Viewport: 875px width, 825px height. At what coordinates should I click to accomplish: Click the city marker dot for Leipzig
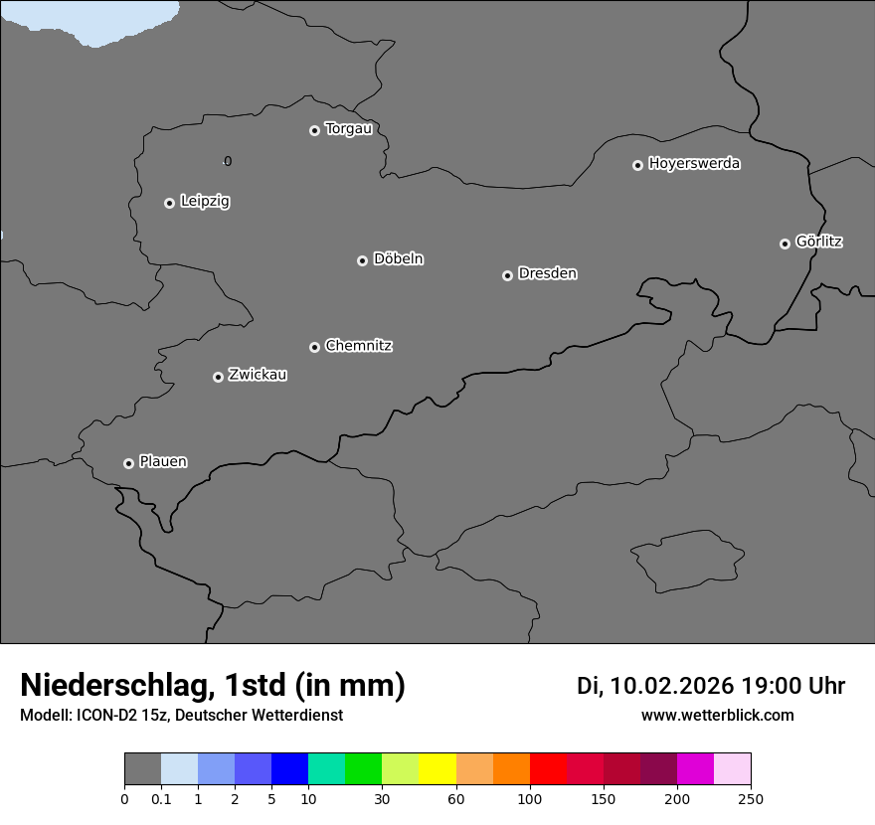pos(169,203)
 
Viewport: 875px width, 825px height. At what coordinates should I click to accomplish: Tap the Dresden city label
pos(547,273)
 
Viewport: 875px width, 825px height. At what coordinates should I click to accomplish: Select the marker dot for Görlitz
pos(785,244)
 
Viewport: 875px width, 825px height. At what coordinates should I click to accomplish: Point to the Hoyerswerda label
pos(694,164)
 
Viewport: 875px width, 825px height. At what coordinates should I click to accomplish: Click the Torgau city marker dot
pos(314,130)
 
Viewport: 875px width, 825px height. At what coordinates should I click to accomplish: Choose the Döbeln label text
pos(398,259)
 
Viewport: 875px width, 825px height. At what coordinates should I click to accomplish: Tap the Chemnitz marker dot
pos(314,347)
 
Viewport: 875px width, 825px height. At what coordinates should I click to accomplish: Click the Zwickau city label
pos(258,375)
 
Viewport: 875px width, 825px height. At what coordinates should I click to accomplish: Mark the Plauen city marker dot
pos(128,463)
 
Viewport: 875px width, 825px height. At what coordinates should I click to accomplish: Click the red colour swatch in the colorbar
pos(548,769)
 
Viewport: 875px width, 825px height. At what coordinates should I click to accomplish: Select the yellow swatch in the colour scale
pos(437,769)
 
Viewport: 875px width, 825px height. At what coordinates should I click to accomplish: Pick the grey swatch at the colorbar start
pos(142,769)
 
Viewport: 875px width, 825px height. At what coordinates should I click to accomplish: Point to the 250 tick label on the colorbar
pos(751,799)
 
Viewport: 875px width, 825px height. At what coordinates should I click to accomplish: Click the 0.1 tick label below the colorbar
pos(161,799)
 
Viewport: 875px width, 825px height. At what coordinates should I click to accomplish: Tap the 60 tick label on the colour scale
pos(456,799)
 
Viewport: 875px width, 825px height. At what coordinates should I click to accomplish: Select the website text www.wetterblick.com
pos(717,716)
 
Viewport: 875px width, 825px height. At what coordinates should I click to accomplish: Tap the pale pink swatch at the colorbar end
pos(733,769)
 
